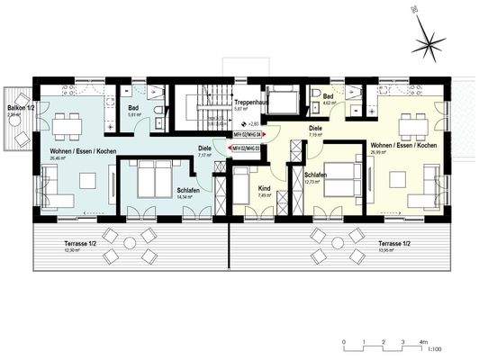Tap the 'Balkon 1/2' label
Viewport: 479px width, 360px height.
(19, 106)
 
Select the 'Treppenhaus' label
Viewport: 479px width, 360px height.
(249, 103)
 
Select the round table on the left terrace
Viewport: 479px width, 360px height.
(129, 242)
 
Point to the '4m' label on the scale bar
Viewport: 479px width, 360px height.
(422, 342)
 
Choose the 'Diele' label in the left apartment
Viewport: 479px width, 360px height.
(204, 148)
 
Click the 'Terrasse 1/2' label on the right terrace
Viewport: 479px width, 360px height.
(394, 243)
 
